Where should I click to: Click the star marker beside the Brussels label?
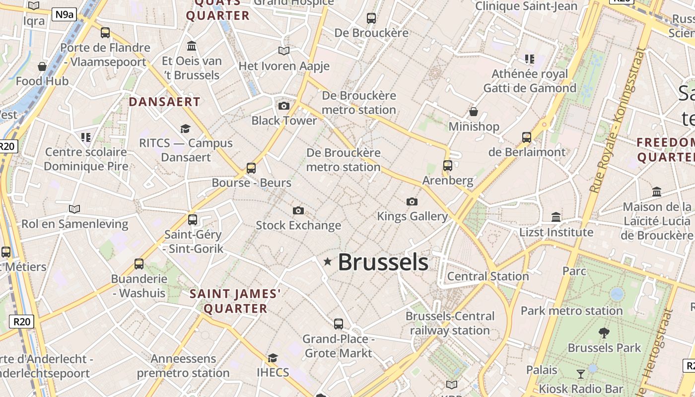(328, 262)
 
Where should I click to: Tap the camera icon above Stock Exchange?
(298, 211)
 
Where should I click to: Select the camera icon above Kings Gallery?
(412, 201)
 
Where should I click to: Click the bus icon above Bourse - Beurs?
(251, 168)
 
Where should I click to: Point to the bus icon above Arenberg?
(448, 166)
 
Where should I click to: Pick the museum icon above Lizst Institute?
(556, 217)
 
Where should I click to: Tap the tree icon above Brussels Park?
(604, 333)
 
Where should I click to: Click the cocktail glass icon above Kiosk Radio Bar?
(581, 374)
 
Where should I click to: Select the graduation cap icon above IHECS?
(273, 358)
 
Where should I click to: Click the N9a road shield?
(65, 14)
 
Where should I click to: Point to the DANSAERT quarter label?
(164, 102)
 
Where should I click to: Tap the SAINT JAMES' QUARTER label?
(235, 301)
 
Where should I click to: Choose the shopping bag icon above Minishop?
(474, 112)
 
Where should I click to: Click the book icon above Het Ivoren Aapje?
(284, 51)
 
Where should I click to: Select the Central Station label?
(488, 276)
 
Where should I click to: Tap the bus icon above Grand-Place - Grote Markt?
(339, 324)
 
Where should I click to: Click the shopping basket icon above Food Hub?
(42, 66)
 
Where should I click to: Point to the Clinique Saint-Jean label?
(526, 6)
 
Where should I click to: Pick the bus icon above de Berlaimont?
(527, 137)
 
